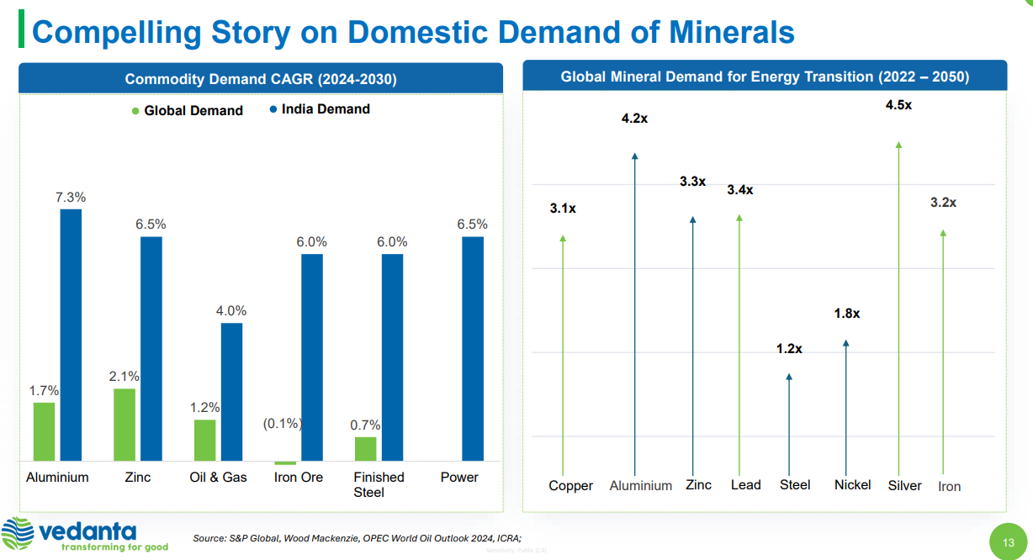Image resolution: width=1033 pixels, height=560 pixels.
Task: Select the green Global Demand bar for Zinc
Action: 124,425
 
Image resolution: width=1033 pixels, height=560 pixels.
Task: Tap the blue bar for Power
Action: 473,349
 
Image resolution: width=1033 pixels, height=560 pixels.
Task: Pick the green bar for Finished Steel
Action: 366,449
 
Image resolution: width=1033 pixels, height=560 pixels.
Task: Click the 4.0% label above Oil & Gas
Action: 230,311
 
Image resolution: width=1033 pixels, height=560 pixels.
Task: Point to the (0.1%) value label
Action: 282,424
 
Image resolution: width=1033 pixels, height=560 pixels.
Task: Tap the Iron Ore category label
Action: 299,478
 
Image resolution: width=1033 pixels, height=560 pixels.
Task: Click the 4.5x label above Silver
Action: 898,105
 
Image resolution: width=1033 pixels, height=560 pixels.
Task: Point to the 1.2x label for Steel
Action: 789,348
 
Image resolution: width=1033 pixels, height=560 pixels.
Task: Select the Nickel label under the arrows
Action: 852,484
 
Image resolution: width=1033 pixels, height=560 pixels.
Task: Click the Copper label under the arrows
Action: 570,486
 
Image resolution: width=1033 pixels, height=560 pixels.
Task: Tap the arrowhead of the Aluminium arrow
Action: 635,156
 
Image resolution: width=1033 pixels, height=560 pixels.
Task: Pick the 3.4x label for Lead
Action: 740,190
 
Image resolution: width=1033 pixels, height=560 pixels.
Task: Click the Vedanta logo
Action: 85,535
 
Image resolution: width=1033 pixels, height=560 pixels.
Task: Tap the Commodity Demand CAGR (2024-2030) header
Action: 261,79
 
